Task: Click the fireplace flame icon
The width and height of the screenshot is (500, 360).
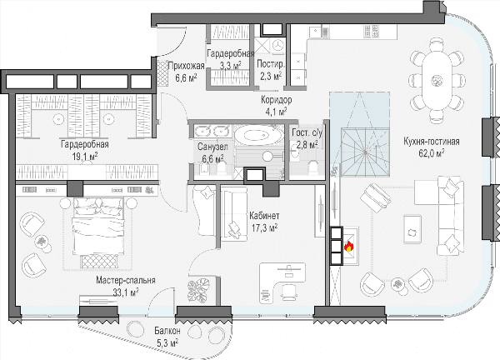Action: tap(349, 246)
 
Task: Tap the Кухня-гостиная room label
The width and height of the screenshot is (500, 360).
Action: tap(431, 142)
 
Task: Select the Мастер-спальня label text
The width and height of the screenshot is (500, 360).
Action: tap(126, 280)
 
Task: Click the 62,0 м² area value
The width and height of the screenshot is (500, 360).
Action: tap(432, 153)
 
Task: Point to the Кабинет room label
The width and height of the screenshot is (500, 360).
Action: tap(264, 216)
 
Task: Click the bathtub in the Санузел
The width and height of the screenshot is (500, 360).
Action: tap(257, 136)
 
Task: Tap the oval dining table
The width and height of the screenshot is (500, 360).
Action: tap(437, 79)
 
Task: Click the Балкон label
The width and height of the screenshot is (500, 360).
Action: tap(167, 331)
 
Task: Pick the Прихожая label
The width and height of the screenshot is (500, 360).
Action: tap(186, 66)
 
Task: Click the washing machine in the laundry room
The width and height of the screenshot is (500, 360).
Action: tap(278, 45)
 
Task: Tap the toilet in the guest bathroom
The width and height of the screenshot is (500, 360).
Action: tap(313, 167)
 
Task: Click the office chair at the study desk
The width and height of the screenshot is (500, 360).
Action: tap(288, 292)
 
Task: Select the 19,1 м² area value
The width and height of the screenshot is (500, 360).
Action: tap(85, 157)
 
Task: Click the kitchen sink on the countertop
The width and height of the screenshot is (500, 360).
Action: tap(318, 32)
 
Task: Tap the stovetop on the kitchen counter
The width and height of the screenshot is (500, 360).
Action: tap(372, 31)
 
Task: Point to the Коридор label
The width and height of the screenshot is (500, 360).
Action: tap(276, 100)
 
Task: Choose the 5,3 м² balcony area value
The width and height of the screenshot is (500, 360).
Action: tap(167, 343)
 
